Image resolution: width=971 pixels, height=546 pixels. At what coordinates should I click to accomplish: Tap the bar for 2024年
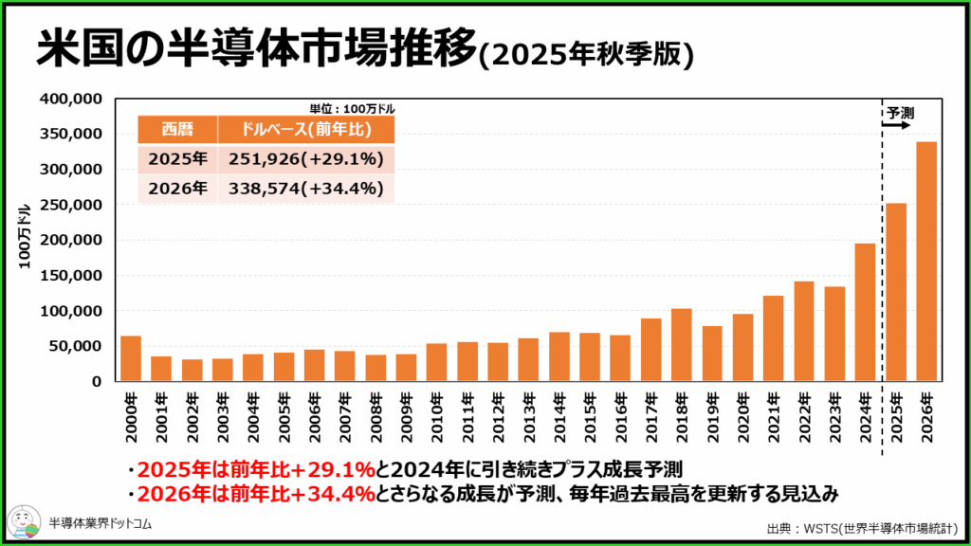click(865, 312)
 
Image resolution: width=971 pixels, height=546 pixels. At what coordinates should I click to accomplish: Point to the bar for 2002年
click(192, 371)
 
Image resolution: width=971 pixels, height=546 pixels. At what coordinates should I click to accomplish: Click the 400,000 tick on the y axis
click(71, 99)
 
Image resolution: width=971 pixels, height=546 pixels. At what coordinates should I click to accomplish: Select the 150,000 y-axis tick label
click(71, 276)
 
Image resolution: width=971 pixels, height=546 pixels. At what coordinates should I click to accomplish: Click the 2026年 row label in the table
click(177, 189)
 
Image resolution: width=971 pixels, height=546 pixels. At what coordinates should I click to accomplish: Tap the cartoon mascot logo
click(25, 522)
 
